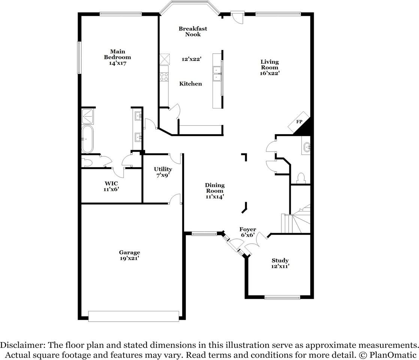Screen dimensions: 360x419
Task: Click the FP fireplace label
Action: pos(299,122)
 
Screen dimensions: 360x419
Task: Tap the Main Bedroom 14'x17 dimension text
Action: pos(117,63)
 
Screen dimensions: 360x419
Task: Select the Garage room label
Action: pos(129,252)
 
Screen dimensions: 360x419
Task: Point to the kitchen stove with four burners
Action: pos(164,76)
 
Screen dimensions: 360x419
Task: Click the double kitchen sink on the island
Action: pos(217,73)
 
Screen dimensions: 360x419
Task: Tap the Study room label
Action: pos(280,260)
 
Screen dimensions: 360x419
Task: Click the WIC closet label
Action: pos(112,183)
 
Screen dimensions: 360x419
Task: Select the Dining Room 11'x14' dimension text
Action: pos(215,196)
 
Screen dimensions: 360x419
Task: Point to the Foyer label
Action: pos(248,229)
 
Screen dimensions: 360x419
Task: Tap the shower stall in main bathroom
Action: pos(88,116)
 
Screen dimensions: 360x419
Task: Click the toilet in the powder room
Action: pos(301,177)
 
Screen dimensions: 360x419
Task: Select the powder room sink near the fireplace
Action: pos(306,147)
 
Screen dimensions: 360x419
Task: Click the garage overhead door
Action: pos(133,316)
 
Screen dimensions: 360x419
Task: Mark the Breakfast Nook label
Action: pos(193,31)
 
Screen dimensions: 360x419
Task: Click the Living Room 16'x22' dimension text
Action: pos(270,73)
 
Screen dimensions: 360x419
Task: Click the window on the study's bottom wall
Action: pos(282,297)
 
